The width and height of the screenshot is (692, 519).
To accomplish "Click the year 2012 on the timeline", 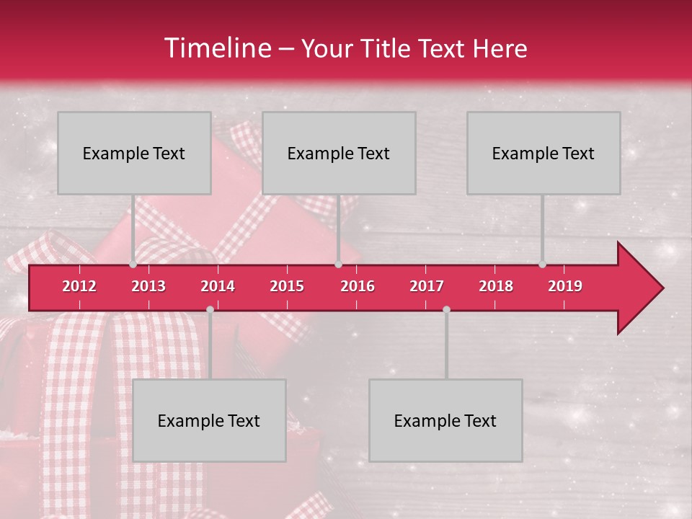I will click(79, 286).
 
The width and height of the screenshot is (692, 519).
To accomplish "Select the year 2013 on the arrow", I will click(148, 286).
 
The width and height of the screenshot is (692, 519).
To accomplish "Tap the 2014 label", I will click(218, 286).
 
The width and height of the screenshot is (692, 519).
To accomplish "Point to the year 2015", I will click(287, 286).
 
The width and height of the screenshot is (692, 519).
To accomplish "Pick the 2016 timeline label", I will click(358, 286).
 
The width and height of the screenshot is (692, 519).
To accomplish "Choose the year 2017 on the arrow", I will click(427, 286).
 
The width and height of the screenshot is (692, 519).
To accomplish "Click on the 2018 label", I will click(496, 286).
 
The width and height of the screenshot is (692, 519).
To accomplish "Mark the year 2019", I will click(565, 286).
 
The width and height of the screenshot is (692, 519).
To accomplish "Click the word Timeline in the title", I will click(217, 48).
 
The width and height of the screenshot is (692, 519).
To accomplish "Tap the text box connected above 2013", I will click(134, 153).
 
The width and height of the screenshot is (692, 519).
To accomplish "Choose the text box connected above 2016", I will click(339, 153).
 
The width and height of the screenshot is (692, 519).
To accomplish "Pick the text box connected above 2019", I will click(544, 153).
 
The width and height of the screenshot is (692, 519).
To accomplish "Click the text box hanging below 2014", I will click(209, 420).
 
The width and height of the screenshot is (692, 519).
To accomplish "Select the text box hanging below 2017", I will click(445, 420).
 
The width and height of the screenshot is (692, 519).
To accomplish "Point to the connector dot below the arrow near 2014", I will click(210, 309).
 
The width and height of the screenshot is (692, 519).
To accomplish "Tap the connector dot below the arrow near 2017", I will click(446, 309).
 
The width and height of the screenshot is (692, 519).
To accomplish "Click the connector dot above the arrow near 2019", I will click(542, 265).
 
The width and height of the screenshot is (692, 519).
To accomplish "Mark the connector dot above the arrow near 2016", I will click(338, 265).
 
